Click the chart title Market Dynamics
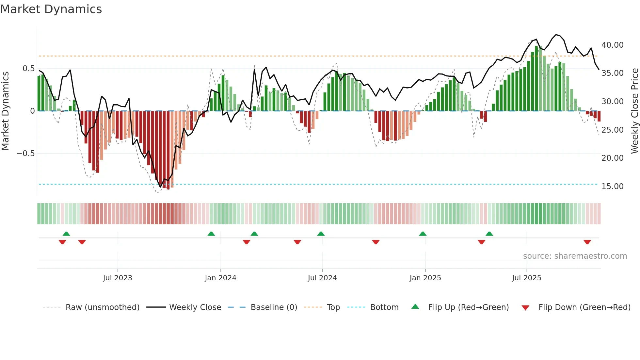(51, 9)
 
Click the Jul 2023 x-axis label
(118, 278)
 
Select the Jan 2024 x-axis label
(220, 278)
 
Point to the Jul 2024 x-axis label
(322, 278)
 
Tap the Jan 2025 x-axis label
(425, 278)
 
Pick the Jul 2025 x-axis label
(526, 278)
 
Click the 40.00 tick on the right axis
(612, 45)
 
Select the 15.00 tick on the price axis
(612, 187)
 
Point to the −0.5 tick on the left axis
(26, 154)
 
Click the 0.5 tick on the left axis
(28, 69)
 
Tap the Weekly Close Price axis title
(634, 111)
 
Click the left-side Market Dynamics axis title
(5, 111)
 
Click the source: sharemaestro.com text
(575, 256)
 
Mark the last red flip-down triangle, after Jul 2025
(587, 242)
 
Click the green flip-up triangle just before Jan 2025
(423, 234)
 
